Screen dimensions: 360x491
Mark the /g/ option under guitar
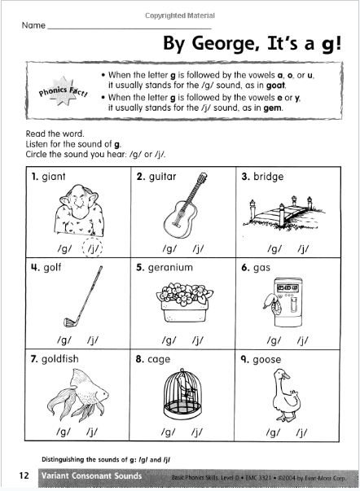(x=169, y=250)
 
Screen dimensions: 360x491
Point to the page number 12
(x=17, y=474)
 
